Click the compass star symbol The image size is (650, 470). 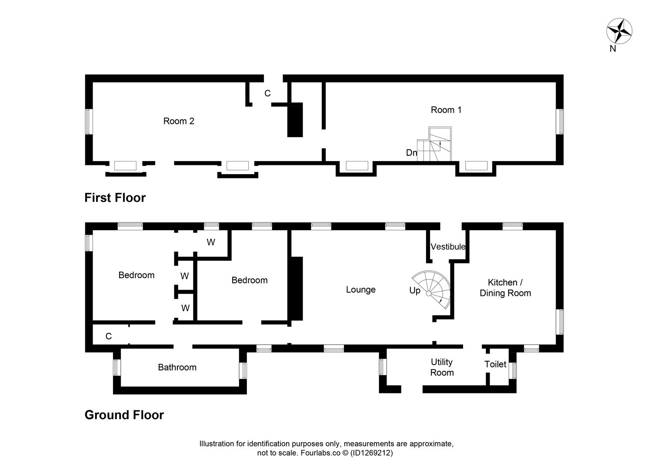(619, 31)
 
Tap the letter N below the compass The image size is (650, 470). (613, 49)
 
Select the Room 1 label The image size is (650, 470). (446, 110)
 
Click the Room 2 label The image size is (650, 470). (178, 121)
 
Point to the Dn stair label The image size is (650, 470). (411, 153)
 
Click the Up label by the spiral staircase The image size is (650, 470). (414, 290)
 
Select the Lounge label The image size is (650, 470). (360, 290)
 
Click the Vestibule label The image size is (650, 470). (448, 247)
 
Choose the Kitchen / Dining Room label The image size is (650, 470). (505, 288)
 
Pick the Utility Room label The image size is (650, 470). (442, 367)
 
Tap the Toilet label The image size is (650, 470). (495, 364)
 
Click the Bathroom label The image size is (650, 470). (177, 367)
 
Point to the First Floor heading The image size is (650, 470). (115, 198)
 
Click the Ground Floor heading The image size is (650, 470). (124, 415)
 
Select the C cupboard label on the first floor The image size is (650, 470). (267, 94)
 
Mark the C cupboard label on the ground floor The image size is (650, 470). (109, 336)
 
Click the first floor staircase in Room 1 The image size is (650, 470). (435, 144)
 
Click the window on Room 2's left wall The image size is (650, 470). (89, 121)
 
